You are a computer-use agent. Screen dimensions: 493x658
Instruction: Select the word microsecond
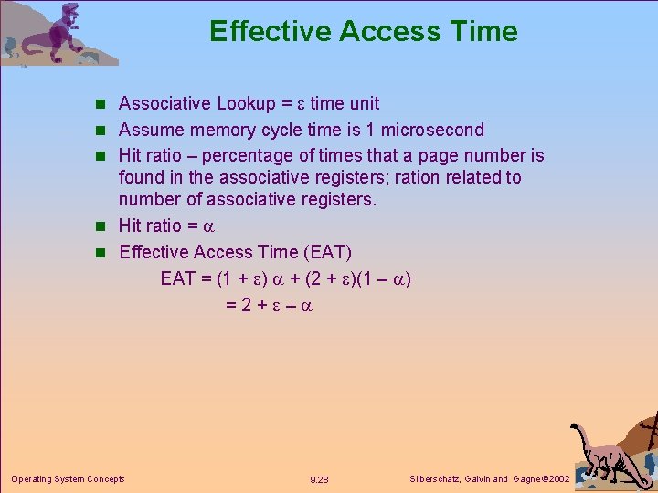pos(431,130)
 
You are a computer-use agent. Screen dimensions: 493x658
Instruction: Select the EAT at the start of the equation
pos(178,278)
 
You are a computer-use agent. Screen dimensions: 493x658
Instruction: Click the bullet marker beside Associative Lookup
pos(105,104)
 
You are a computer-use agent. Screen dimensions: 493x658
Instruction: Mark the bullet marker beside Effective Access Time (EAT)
pos(105,252)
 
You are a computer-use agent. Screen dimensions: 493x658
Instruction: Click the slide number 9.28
pos(320,479)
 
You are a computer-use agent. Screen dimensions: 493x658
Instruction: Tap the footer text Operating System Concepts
pos(68,478)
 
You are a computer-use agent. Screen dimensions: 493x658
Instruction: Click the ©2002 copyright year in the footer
pos(557,479)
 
